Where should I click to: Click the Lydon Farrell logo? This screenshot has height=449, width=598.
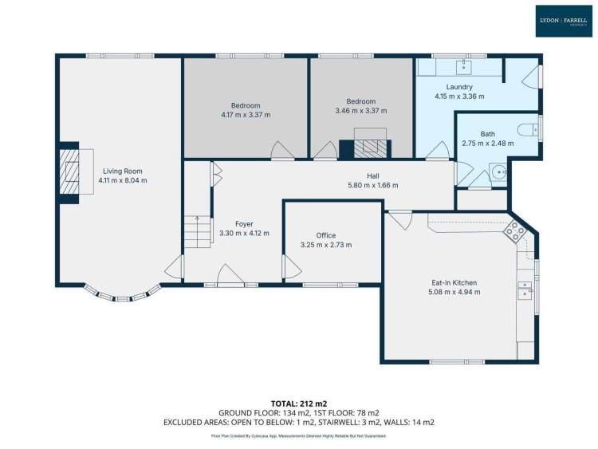(563, 21)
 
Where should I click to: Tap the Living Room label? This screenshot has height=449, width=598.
(123, 171)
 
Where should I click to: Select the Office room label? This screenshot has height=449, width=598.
(326, 235)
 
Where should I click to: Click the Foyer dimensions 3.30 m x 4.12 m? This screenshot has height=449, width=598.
(244, 233)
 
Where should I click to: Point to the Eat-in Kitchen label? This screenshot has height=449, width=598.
(454, 282)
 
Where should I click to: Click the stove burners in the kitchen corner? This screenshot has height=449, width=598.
(514, 231)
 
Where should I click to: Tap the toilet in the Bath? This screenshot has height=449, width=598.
(528, 130)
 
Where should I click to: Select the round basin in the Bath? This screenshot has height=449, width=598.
(498, 172)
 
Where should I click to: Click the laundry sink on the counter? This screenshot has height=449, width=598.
(464, 67)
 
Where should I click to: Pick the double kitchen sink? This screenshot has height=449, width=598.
(525, 290)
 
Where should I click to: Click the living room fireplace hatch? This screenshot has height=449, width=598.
(69, 171)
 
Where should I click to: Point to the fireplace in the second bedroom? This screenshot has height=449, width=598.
(365, 149)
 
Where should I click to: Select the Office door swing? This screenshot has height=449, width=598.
(293, 266)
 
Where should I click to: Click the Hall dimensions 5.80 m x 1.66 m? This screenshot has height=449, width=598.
(373, 185)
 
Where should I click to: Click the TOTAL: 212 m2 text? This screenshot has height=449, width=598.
(299, 404)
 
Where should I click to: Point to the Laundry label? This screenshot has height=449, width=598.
(459, 87)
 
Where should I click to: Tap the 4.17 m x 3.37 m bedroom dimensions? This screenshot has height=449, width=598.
(246, 115)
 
